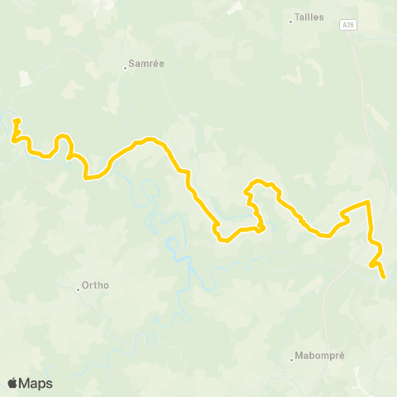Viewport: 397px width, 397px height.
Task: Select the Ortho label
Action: point(96,287)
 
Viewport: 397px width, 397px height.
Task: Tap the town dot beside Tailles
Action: point(291,22)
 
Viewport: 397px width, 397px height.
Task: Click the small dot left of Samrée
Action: point(125,68)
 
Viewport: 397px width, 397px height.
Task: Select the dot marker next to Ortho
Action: point(79,289)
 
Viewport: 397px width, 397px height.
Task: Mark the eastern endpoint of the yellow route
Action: point(384,277)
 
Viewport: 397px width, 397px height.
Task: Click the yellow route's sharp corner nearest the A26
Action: point(368,202)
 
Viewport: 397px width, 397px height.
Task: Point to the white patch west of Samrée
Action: point(25,79)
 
